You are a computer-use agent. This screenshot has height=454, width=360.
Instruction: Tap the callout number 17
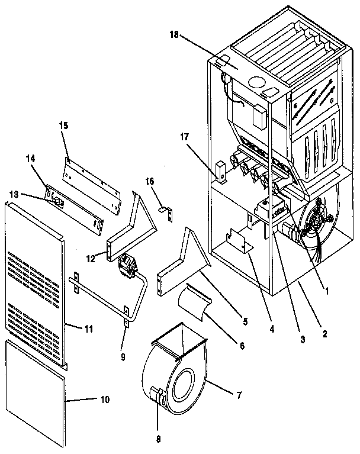point(185,137)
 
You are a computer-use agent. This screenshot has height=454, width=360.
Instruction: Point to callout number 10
point(104,400)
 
